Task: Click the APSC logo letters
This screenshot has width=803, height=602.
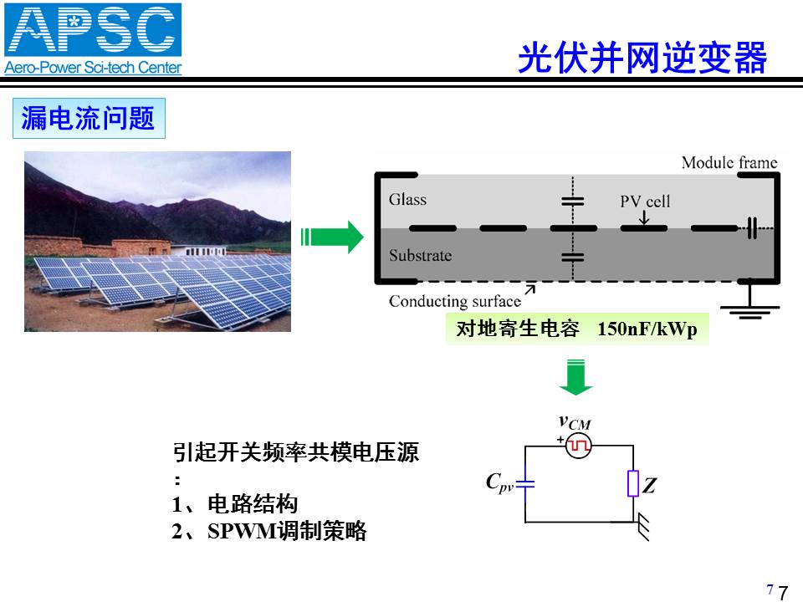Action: click(93, 30)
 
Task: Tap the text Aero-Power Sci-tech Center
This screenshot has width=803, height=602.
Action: click(93, 68)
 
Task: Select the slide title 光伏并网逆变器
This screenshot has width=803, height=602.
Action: click(642, 58)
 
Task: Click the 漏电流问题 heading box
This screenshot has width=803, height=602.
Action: click(89, 118)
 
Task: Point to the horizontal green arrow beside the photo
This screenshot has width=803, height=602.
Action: click(332, 237)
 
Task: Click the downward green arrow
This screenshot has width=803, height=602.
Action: click(576, 377)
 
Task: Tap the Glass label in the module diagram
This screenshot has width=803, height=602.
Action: click(407, 199)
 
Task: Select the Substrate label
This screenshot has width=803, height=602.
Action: click(421, 255)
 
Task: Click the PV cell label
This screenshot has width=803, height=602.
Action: click(645, 202)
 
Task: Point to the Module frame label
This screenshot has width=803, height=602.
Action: click(729, 163)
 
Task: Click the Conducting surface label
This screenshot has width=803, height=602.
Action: click(455, 301)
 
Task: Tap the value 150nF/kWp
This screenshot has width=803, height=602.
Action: click(647, 329)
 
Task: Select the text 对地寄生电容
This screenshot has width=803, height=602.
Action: click(518, 329)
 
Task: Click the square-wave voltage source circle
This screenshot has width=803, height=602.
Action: click(579, 446)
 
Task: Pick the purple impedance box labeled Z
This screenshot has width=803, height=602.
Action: click(633, 483)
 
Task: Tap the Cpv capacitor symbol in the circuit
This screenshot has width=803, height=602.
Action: click(525, 483)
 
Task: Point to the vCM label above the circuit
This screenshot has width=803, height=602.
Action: click(575, 423)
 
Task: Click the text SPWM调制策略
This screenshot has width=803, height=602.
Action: click(287, 531)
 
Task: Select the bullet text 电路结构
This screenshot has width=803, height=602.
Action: click(253, 504)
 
